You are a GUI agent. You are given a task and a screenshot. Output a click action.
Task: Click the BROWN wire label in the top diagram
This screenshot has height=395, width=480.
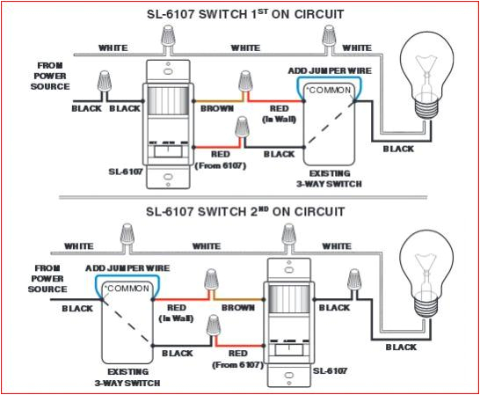coord(216,109)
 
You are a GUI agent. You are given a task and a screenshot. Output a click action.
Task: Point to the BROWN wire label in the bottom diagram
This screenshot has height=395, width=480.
coord(237,308)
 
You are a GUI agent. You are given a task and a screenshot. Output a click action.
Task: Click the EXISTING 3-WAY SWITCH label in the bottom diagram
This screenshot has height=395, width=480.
coord(128,378)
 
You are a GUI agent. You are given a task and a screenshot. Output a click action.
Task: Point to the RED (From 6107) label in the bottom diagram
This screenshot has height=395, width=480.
coord(239,357)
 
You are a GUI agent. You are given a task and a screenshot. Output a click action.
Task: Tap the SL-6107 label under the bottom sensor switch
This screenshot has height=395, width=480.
coord(329,370)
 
